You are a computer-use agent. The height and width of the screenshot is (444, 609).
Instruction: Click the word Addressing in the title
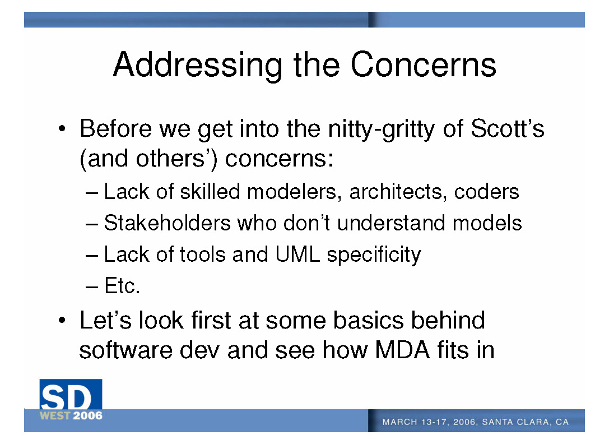point(198,66)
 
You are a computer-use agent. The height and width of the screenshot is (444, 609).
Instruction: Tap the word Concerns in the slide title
point(424,64)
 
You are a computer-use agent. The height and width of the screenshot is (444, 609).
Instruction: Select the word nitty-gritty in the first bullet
point(382,129)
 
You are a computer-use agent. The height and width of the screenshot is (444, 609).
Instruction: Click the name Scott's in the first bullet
point(507,128)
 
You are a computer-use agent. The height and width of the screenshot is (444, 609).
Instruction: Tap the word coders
point(486,192)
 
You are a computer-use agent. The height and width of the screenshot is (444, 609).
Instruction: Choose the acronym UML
point(297,255)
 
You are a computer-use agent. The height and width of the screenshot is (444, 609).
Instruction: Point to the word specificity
point(374,256)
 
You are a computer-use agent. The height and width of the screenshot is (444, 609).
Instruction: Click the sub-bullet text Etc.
point(122,286)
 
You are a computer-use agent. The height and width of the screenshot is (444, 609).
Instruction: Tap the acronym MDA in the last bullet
point(402,350)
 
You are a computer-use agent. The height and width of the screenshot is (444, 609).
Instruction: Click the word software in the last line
point(125,350)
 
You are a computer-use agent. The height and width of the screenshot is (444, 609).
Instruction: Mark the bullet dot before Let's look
point(62,321)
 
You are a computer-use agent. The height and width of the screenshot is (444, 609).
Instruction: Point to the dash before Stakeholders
point(92,224)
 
